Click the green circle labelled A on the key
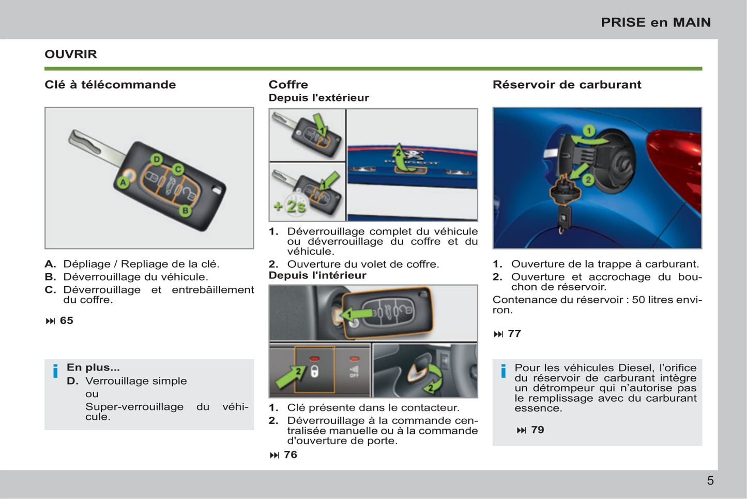point(124,182)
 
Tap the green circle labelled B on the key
point(186,211)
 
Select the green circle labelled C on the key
point(178,169)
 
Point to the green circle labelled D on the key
point(157,159)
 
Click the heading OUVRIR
point(71,54)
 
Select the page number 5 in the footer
point(710,481)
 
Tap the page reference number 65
point(66,320)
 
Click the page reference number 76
point(291,454)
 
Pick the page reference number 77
point(514,334)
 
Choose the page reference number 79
point(538,430)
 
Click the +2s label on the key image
point(289,207)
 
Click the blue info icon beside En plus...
point(55,371)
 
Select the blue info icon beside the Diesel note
point(503,371)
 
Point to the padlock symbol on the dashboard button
point(314,372)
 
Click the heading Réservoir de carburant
point(567,84)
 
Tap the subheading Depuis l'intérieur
point(317,275)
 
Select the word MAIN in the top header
point(692,22)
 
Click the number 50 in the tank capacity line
point(638,300)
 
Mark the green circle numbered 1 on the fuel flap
point(589,131)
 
